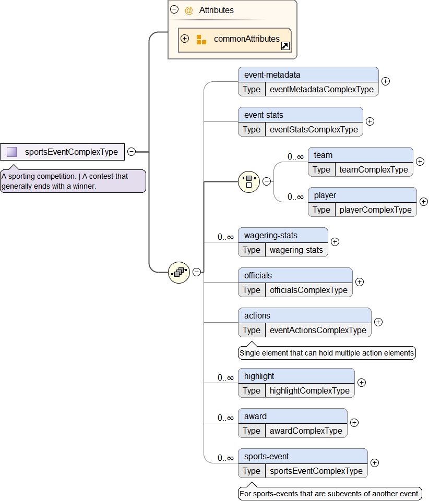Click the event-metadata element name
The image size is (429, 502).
(x=272, y=75)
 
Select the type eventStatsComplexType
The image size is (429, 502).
(x=314, y=129)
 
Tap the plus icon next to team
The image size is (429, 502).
(x=420, y=162)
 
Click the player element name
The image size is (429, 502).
(x=325, y=195)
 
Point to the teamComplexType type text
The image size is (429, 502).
(x=374, y=169)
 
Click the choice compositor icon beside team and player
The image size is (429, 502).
(x=249, y=181)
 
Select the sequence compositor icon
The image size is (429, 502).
(x=179, y=272)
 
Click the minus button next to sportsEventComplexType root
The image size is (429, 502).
(x=132, y=152)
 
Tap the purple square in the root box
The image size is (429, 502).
(x=12, y=152)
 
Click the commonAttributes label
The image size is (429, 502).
(x=246, y=39)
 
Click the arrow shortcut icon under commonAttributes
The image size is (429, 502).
(x=285, y=46)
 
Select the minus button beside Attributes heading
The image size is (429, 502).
(x=174, y=9)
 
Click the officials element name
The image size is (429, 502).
(x=258, y=275)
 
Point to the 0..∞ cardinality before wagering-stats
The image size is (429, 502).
(x=225, y=237)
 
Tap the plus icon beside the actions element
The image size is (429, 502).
(x=378, y=322)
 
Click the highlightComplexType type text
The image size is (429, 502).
(x=309, y=390)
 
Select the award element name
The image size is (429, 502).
(x=255, y=416)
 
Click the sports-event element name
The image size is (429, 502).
(x=266, y=456)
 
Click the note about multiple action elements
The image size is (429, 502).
(x=327, y=353)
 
